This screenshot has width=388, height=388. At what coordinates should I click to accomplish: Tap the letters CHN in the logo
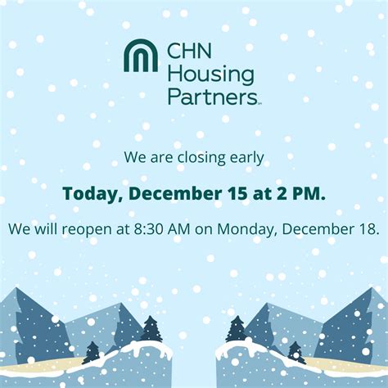click(x=187, y=52)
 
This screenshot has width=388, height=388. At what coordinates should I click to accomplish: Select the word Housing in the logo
click(x=210, y=74)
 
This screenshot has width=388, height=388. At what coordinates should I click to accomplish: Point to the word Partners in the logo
click(x=211, y=97)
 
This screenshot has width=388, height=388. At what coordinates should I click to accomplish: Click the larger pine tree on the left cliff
click(x=151, y=329)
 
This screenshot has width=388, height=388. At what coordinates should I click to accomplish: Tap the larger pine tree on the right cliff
click(x=237, y=329)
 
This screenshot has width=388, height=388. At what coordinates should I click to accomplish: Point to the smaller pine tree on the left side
click(x=92, y=352)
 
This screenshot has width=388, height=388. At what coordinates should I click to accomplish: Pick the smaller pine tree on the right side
click(x=295, y=352)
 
